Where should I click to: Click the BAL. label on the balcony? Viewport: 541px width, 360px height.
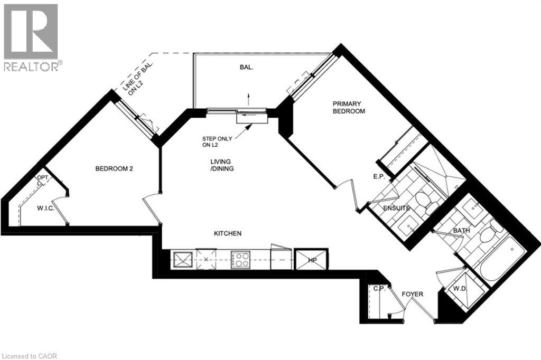tap(243, 68)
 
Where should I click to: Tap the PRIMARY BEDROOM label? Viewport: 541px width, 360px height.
tap(348, 108)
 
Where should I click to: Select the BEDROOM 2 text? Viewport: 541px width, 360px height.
tap(113, 169)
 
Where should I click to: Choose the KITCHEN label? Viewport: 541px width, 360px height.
tap(228, 233)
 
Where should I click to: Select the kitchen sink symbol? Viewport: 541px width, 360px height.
tap(183, 260)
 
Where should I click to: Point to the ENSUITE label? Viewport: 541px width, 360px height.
tap(397, 209)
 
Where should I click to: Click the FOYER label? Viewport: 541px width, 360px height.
tap(412, 294)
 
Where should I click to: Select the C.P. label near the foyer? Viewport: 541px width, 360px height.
tap(379, 289)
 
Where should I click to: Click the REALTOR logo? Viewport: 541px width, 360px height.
tap(32, 37)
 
